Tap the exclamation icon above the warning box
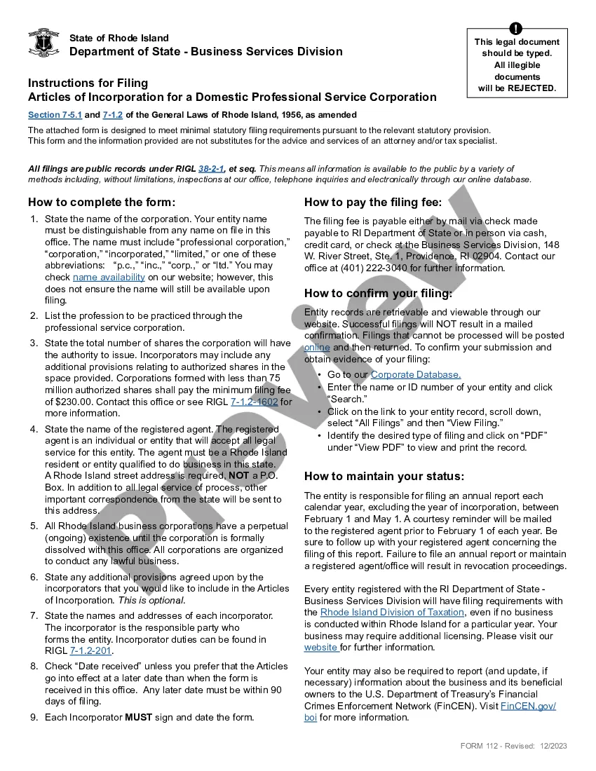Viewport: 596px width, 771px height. click(x=516, y=29)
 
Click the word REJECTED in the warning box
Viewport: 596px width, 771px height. click(x=531, y=88)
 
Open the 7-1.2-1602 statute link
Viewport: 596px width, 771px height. click(x=254, y=402)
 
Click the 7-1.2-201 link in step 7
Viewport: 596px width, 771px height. click(x=90, y=651)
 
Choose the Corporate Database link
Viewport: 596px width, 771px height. click(x=416, y=375)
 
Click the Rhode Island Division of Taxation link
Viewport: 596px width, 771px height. click(x=382, y=612)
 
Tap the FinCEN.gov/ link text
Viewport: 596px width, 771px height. click(x=529, y=706)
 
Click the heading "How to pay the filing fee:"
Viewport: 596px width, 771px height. click(x=373, y=203)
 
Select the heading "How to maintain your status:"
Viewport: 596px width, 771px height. click(x=384, y=477)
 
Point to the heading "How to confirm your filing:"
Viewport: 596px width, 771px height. click(x=378, y=293)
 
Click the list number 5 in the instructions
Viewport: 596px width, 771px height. click(x=34, y=526)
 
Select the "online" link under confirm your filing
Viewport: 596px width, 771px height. click(x=317, y=348)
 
